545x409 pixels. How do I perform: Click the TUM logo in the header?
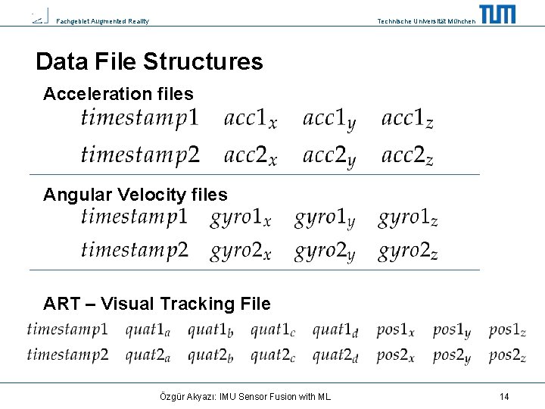tap(497, 14)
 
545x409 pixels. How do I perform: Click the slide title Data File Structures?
tap(149, 61)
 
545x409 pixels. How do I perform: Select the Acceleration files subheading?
tap(118, 95)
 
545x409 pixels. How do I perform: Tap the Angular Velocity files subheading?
tap(135, 195)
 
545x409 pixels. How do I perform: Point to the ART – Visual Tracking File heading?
tap(157, 304)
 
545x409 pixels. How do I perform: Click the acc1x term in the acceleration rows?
tap(250, 119)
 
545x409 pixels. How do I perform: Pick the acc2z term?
tap(407, 156)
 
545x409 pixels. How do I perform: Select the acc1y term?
tap(329, 119)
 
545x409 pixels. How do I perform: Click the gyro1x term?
tap(240, 219)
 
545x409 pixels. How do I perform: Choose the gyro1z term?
tap(407, 219)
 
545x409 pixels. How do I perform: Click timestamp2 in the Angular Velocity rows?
tap(134, 251)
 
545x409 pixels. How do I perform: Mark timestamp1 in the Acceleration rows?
tap(140, 118)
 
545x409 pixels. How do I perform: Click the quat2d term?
tap(335, 355)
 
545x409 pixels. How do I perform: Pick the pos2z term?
tap(507, 355)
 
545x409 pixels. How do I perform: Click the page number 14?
tap(504, 396)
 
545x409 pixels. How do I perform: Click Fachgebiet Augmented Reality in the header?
tap(103, 21)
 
